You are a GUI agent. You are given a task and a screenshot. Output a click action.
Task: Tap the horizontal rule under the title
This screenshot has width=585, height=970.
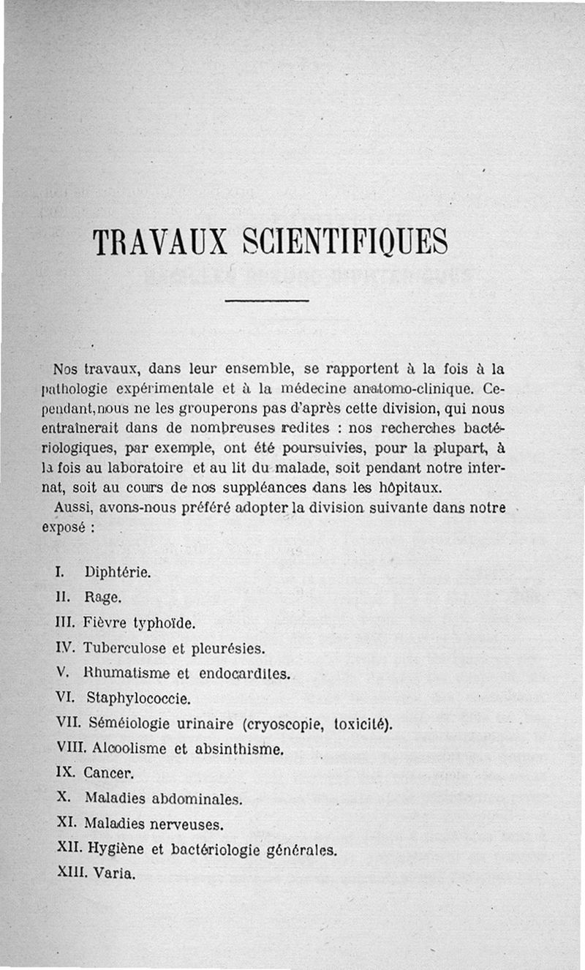click(x=268, y=301)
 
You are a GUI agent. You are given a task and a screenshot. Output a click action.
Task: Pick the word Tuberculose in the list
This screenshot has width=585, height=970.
click(x=123, y=649)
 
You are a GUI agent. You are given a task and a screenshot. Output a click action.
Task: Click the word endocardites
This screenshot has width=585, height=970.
click(x=249, y=674)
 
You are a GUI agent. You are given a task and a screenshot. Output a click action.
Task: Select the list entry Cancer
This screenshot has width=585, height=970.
click(x=109, y=773)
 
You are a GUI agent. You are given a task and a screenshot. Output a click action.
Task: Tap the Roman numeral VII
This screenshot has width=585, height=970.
click(x=69, y=723)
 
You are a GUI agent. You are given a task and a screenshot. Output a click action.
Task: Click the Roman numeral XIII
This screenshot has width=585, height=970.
click(x=71, y=873)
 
